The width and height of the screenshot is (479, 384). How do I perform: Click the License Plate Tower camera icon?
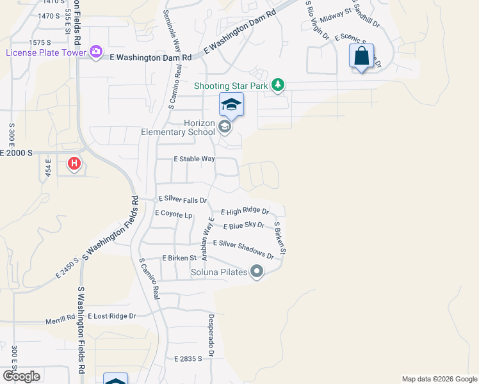coord(96,52)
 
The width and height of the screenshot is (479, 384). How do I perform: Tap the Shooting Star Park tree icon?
coord(277,84)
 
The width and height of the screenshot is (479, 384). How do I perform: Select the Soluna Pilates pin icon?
coord(257,272)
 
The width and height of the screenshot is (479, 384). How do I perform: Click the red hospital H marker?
coord(74,164)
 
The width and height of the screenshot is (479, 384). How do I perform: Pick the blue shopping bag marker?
coord(362,56)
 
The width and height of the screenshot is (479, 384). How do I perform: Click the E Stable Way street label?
coord(195,159)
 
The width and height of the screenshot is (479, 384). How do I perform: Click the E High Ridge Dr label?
coord(245,211)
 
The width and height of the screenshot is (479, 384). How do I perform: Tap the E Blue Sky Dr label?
coord(244,225)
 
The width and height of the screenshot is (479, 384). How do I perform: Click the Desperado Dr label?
coord(211,335)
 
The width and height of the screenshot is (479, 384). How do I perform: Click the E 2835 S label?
coord(188,360)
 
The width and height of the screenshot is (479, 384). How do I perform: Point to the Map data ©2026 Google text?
coord(439,379)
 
